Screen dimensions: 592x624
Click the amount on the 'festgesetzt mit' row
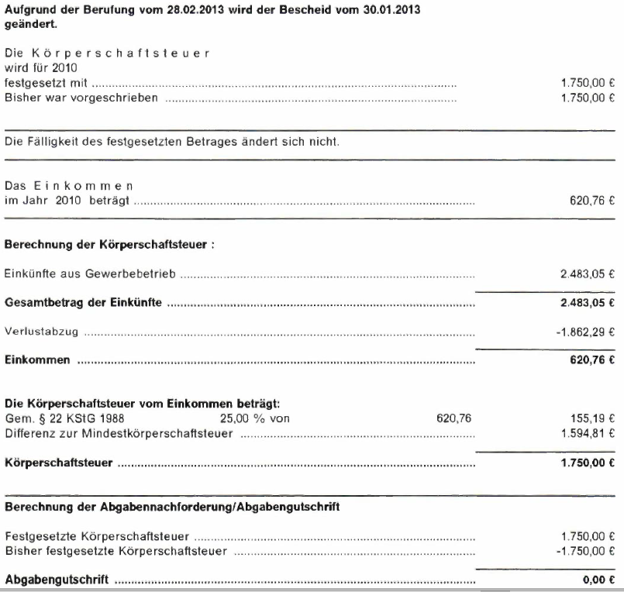click(586, 81)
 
